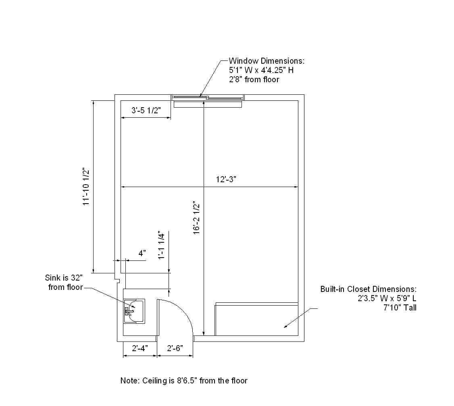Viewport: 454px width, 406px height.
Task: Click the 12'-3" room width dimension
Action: point(226,179)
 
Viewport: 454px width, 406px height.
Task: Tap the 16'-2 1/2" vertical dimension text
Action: point(197,217)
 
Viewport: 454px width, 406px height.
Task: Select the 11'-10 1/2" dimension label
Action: point(86,187)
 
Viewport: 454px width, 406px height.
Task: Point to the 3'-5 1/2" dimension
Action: point(146,110)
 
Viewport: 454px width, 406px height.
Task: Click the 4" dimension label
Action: point(142,253)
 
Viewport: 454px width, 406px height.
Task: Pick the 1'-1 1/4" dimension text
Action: point(161,245)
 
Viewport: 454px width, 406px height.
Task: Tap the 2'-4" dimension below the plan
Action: point(140,348)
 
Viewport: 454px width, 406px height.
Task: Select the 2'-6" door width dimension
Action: point(175,348)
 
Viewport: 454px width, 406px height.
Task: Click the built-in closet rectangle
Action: point(257,319)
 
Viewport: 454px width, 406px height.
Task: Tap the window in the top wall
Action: point(208,98)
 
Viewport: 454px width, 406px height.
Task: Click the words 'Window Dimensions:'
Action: point(267,61)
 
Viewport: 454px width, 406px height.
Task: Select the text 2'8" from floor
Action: point(254,79)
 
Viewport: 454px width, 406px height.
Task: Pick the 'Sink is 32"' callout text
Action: point(64,278)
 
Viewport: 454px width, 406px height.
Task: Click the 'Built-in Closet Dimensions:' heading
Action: point(368,289)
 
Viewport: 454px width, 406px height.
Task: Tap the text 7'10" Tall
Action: point(400,308)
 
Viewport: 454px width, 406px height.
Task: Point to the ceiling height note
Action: point(184,381)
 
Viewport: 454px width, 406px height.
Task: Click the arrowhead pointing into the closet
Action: point(285,326)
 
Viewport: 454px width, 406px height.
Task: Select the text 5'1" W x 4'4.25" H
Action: point(261,70)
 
